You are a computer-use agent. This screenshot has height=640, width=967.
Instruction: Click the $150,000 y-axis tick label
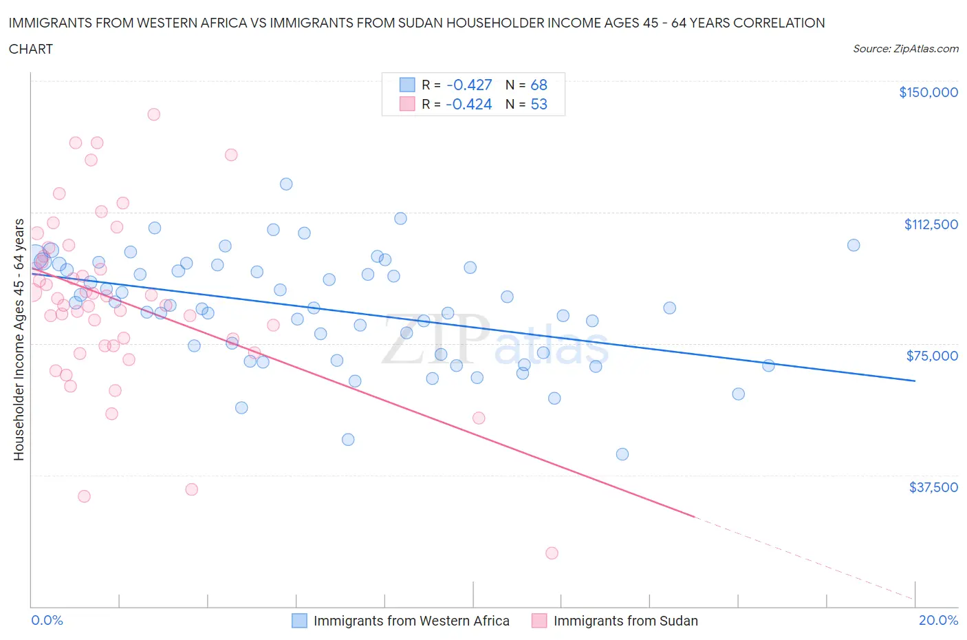click(x=928, y=92)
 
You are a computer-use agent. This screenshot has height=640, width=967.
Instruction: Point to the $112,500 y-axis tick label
click(x=931, y=224)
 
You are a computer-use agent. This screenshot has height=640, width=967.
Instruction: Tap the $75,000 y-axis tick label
click(x=932, y=356)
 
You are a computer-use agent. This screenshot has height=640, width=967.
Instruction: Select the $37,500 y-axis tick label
click(x=933, y=487)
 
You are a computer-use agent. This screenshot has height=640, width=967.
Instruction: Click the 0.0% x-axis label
click(x=47, y=620)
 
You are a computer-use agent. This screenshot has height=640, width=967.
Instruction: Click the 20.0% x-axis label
click(x=938, y=620)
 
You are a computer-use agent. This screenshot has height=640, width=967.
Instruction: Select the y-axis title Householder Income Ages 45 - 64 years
click(x=19, y=339)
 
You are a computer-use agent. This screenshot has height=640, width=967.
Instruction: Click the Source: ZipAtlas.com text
click(x=905, y=49)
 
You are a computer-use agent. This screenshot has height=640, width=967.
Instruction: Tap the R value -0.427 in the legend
click(x=469, y=85)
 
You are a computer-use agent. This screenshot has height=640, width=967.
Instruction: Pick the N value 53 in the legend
click(x=539, y=104)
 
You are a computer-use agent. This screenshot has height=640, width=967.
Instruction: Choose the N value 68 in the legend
click(x=539, y=85)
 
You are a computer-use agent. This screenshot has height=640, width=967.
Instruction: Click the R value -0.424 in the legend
click(x=469, y=104)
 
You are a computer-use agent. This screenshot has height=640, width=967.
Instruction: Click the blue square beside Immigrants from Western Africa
click(x=299, y=621)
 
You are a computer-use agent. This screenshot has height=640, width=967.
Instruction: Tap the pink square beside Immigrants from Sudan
click(x=539, y=621)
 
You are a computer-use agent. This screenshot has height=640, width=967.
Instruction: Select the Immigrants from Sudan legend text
click(x=625, y=621)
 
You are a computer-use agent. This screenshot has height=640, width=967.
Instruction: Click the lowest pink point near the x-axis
click(x=552, y=553)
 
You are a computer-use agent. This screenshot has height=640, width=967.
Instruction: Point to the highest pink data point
click(x=154, y=114)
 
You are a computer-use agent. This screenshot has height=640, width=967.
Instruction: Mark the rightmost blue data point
click(x=854, y=245)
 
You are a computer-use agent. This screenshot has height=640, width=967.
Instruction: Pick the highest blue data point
click(x=286, y=184)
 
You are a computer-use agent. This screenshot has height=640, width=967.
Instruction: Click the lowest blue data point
click(x=622, y=454)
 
